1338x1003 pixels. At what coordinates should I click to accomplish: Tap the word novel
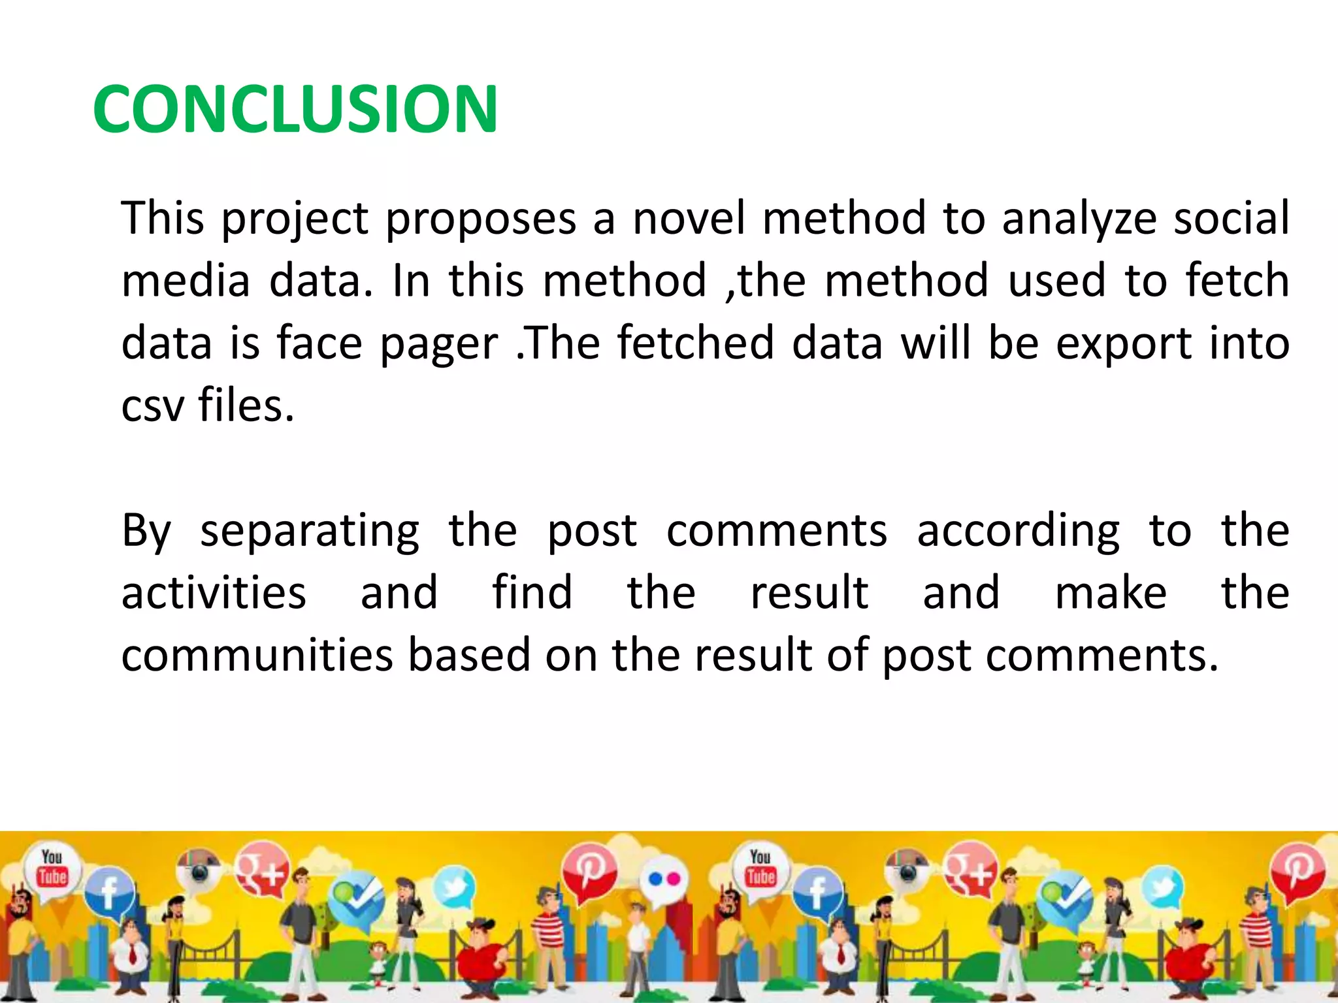(689, 218)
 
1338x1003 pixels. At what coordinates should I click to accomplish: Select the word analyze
(1079, 219)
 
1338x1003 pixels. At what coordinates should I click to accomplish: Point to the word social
(1232, 218)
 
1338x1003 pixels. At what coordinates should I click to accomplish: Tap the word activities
(214, 593)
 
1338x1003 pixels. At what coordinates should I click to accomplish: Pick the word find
(532, 593)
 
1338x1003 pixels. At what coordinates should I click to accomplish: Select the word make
(1111, 593)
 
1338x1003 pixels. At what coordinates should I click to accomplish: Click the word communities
(257, 656)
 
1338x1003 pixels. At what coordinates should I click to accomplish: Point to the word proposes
(481, 219)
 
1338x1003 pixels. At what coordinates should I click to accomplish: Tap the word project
(295, 219)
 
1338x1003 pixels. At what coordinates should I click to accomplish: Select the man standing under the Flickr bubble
(637, 947)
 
